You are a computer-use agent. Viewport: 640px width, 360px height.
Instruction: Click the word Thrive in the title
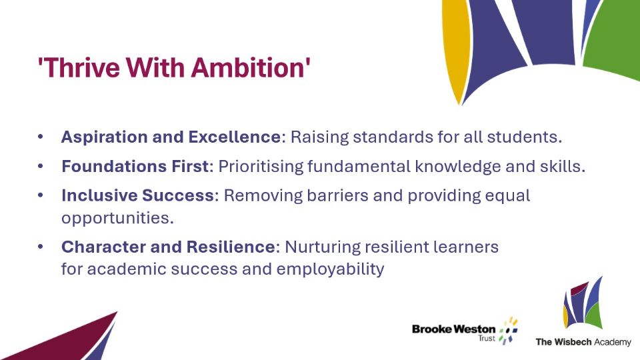pyautogui.click(x=79, y=67)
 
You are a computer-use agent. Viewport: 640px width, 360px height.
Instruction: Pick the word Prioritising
pyautogui.click(x=261, y=167)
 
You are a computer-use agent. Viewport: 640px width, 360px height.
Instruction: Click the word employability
pyautogui.click(x=330, y=269)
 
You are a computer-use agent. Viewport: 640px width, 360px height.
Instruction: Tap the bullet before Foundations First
pyautogui.click(x=41, y=166)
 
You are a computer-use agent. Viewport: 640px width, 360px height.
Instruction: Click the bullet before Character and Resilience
pyautogui.click(x=41, y=247)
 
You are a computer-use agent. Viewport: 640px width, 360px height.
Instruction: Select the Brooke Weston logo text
pyautogui.click(x=453, y=329)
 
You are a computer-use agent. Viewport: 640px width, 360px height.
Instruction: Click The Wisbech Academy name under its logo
pyautogui.click(x=583, y=342)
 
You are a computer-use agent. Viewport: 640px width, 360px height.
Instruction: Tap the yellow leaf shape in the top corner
pyautogui.click(x=456, y=49)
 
